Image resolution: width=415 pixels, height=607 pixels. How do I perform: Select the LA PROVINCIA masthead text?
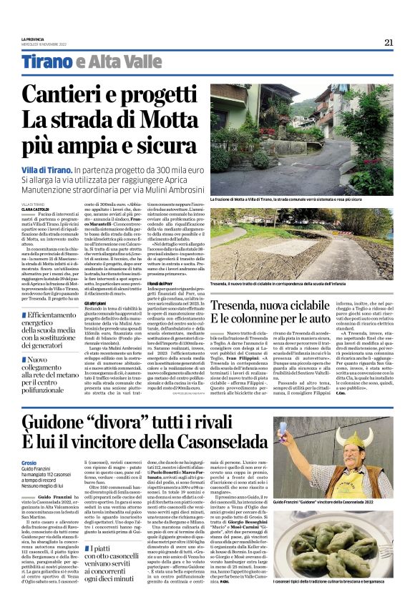pos(31,39)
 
